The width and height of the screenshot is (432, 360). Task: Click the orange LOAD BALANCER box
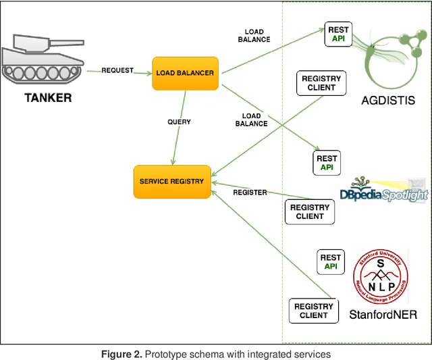[x=186, y=73]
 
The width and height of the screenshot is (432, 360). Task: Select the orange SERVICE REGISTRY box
[x=172, y=182]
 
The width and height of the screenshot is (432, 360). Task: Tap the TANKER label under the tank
[x=48, y=98]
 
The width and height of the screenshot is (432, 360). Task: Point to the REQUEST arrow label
[x=117, y=70]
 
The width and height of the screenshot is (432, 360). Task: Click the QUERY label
[x=179, y=122]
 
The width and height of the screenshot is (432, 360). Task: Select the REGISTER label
[x=250, y=192]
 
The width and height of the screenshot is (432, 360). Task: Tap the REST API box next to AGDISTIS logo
[x=337, y=34]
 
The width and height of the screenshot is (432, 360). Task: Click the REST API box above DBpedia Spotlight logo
[x=327, y=162]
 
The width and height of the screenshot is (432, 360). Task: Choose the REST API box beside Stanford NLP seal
[x=331, y=262]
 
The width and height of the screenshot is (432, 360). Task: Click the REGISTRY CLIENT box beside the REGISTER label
[x=310, y=212]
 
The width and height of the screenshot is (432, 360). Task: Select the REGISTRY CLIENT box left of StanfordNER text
[x=314, y=311]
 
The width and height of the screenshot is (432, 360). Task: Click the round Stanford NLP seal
[x=380, y=278]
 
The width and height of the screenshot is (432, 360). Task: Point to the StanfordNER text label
[x=383, y=315]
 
